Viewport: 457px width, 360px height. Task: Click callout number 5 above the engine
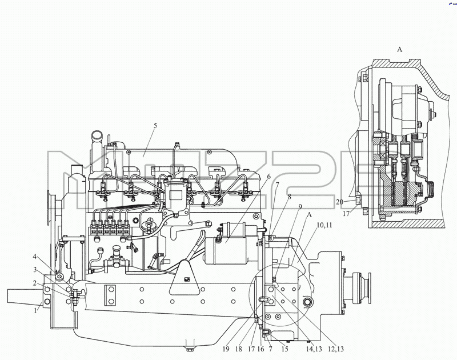[155, 125]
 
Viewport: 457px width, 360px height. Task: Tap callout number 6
[268, 177]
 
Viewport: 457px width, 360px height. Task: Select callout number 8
[289, 197]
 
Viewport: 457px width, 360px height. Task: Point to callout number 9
[300, 207]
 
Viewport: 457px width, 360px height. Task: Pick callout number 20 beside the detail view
[339, 202]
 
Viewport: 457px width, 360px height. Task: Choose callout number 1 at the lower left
[35, 310]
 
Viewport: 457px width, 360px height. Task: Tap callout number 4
[35, 257]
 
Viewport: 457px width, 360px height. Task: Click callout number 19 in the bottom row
[226, 349]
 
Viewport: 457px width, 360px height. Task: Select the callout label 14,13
[314, 349]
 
